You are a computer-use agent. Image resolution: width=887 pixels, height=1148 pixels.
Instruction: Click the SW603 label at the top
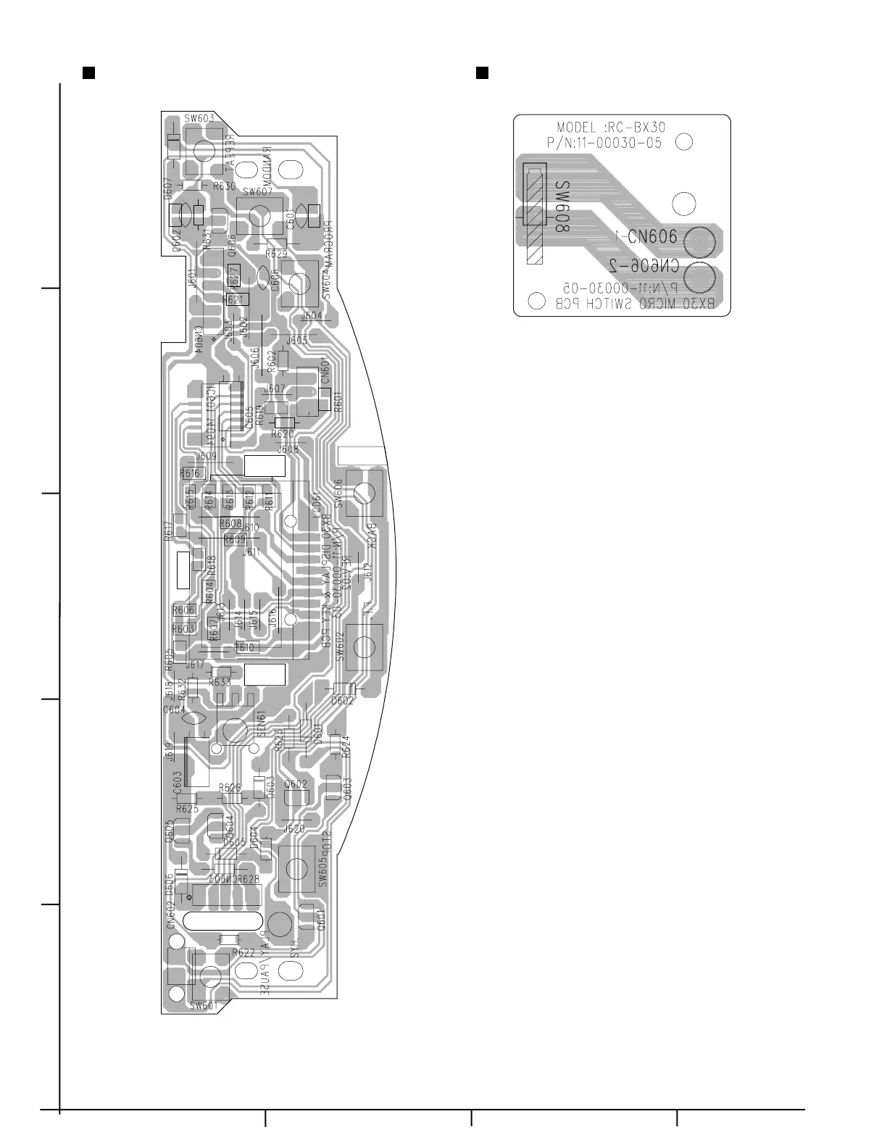tap(198, 117)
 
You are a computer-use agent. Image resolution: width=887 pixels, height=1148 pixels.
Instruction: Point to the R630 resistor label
tap(224, 186)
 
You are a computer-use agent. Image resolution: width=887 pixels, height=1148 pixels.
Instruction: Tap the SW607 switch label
tap(257, 192)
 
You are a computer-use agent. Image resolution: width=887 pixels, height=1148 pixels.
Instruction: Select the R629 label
tap(276, 254)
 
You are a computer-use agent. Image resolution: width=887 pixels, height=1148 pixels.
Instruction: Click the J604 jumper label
tap(311, 316)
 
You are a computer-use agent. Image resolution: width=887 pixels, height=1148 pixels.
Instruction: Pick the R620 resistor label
tap(282, 433)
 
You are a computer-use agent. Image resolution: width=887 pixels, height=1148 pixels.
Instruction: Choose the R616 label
tap(190, 473)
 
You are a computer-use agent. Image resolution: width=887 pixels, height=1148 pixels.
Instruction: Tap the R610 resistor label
tap(245, 647)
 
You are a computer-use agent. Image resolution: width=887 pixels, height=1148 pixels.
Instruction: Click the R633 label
tap(220, 682)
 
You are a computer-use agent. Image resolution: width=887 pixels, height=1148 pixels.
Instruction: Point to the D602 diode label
tap(342, 701)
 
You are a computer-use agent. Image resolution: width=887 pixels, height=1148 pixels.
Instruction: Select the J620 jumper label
tap(293, 828)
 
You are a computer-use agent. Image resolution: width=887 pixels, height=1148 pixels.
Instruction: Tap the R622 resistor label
tap(243, 953)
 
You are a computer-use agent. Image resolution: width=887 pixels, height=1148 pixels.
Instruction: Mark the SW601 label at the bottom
tap(203, 1005)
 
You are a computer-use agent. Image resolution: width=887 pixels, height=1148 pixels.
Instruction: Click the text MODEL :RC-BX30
tap(611, 128)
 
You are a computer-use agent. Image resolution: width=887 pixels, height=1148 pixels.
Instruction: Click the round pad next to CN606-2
tap(698, 277)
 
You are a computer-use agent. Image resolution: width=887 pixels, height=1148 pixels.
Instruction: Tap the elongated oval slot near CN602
tap(223, 920)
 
